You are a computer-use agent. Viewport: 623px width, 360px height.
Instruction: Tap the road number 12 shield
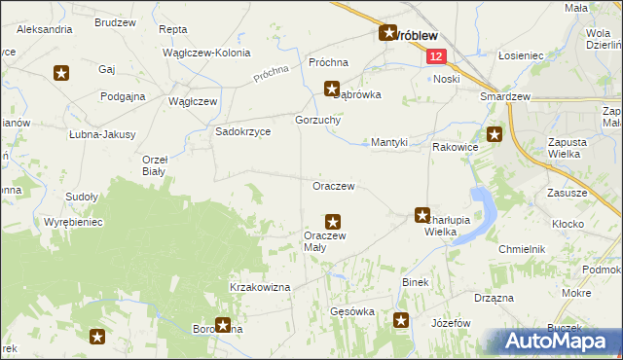click(435, 58)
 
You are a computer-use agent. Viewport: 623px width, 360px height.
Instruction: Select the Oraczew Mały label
click(325, 240)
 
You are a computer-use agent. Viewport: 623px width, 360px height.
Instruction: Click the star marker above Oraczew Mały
click(333, 222)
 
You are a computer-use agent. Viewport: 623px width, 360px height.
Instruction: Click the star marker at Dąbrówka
click(332, 88)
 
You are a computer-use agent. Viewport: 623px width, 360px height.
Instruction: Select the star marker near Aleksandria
click(61, 72)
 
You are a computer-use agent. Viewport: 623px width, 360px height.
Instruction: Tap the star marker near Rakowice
click(495, 135)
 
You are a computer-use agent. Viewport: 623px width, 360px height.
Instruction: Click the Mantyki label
click(389, 142)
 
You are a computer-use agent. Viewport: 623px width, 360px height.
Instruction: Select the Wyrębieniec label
click(73, 222)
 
